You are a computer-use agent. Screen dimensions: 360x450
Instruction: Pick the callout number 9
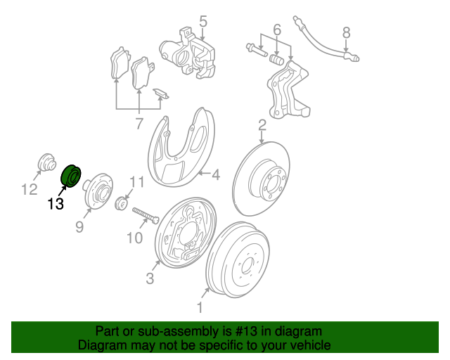(x=79, y=226)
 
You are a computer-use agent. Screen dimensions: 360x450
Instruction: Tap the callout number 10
(x=134, y=238)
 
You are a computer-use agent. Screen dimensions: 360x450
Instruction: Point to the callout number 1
(x=200, y=307)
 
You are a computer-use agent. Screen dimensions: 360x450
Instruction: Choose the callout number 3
(x=150, y=279)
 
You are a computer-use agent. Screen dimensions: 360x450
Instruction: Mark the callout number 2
(x=262, y=125)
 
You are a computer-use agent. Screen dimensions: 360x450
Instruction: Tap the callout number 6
(x=276, y=30)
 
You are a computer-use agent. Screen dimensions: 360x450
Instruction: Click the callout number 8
(x=346, y=32)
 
